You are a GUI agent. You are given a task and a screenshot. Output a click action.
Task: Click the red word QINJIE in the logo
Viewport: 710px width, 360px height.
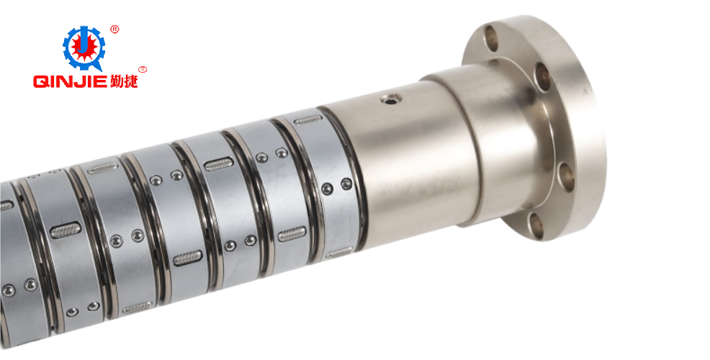(x=71, y=81)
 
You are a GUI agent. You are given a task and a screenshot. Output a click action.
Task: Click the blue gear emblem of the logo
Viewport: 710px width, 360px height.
(x=84, y=48)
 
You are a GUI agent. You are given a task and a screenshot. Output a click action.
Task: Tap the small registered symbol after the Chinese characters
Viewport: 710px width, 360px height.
(x=143, y=70)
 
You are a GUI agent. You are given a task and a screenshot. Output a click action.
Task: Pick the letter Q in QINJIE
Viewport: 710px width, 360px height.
(x=40, y=81)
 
